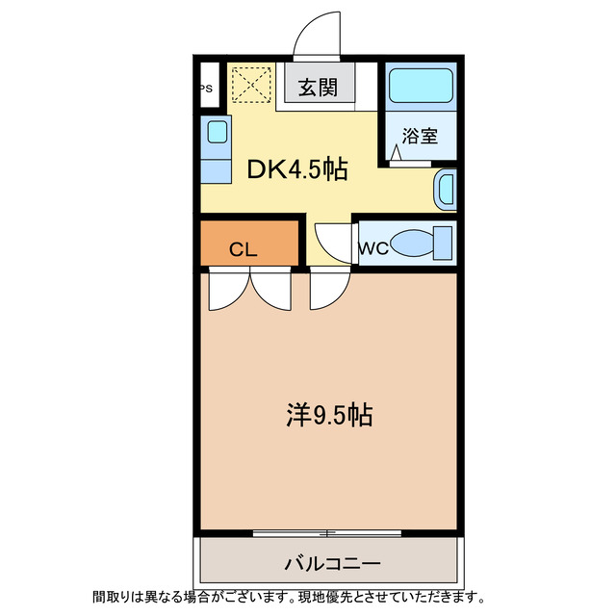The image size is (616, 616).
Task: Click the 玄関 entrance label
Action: (x=317, y=89)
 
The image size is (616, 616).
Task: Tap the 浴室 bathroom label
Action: (x=420, y=136)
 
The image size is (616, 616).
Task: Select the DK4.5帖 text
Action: (x=297, y=170)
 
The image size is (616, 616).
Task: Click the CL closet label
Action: (x=244, y=249)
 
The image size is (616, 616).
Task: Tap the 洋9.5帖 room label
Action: (x=329, y=416)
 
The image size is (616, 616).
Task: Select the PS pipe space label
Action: (x=206, y=89)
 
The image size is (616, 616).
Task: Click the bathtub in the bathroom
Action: (x=421, y=88)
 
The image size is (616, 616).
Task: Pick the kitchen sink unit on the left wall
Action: (x=217, y=150)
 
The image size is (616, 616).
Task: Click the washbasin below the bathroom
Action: (x=446, y=189)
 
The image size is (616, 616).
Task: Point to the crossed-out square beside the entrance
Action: (x=252, y=84)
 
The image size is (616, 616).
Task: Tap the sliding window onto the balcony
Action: (x=327, y=532)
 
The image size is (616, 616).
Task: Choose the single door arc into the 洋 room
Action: (x=329, y=290)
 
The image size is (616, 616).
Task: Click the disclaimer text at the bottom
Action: (x=288, y=597)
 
